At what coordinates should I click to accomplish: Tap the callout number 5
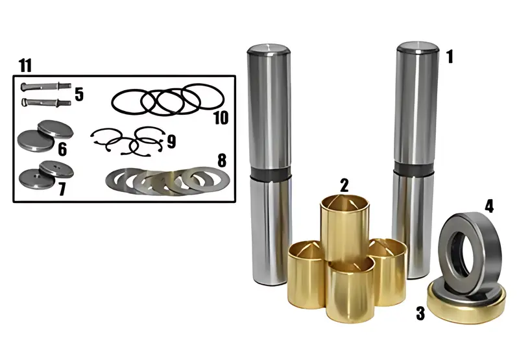click(79, 94)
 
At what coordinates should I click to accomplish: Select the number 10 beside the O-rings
click(221, 118)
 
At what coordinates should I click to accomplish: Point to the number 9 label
click(171, 141)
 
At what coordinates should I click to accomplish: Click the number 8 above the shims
click(222, 160)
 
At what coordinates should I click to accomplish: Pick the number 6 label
click(62, 149)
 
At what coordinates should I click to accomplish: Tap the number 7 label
click(62, 189)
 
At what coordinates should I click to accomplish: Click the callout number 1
click(449, 56)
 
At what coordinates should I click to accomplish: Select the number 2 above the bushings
click(344, 186)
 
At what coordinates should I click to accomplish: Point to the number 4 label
click(489, 206)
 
